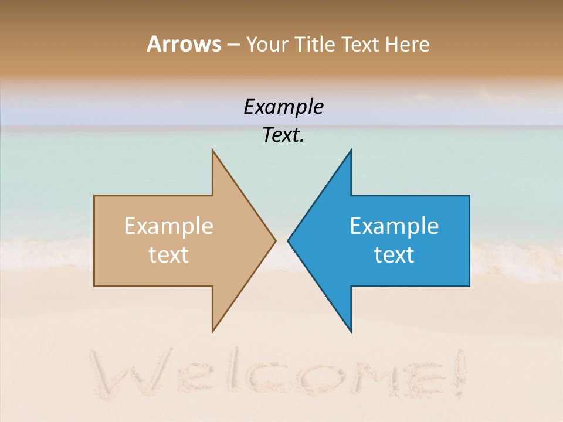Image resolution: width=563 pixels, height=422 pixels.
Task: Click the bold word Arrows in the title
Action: (184, 44)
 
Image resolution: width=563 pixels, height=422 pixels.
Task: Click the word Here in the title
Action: (408, 44)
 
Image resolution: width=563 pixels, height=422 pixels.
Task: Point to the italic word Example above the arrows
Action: (283, 107)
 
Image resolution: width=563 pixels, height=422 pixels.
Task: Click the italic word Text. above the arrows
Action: (283, 135)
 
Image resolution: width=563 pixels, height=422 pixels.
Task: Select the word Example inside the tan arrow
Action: (169, 226)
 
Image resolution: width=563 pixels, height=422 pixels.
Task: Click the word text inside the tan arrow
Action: (169, 255)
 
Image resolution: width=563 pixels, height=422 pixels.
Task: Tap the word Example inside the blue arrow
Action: (394, 226)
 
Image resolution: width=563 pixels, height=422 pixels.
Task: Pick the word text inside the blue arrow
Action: (394, 255)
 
